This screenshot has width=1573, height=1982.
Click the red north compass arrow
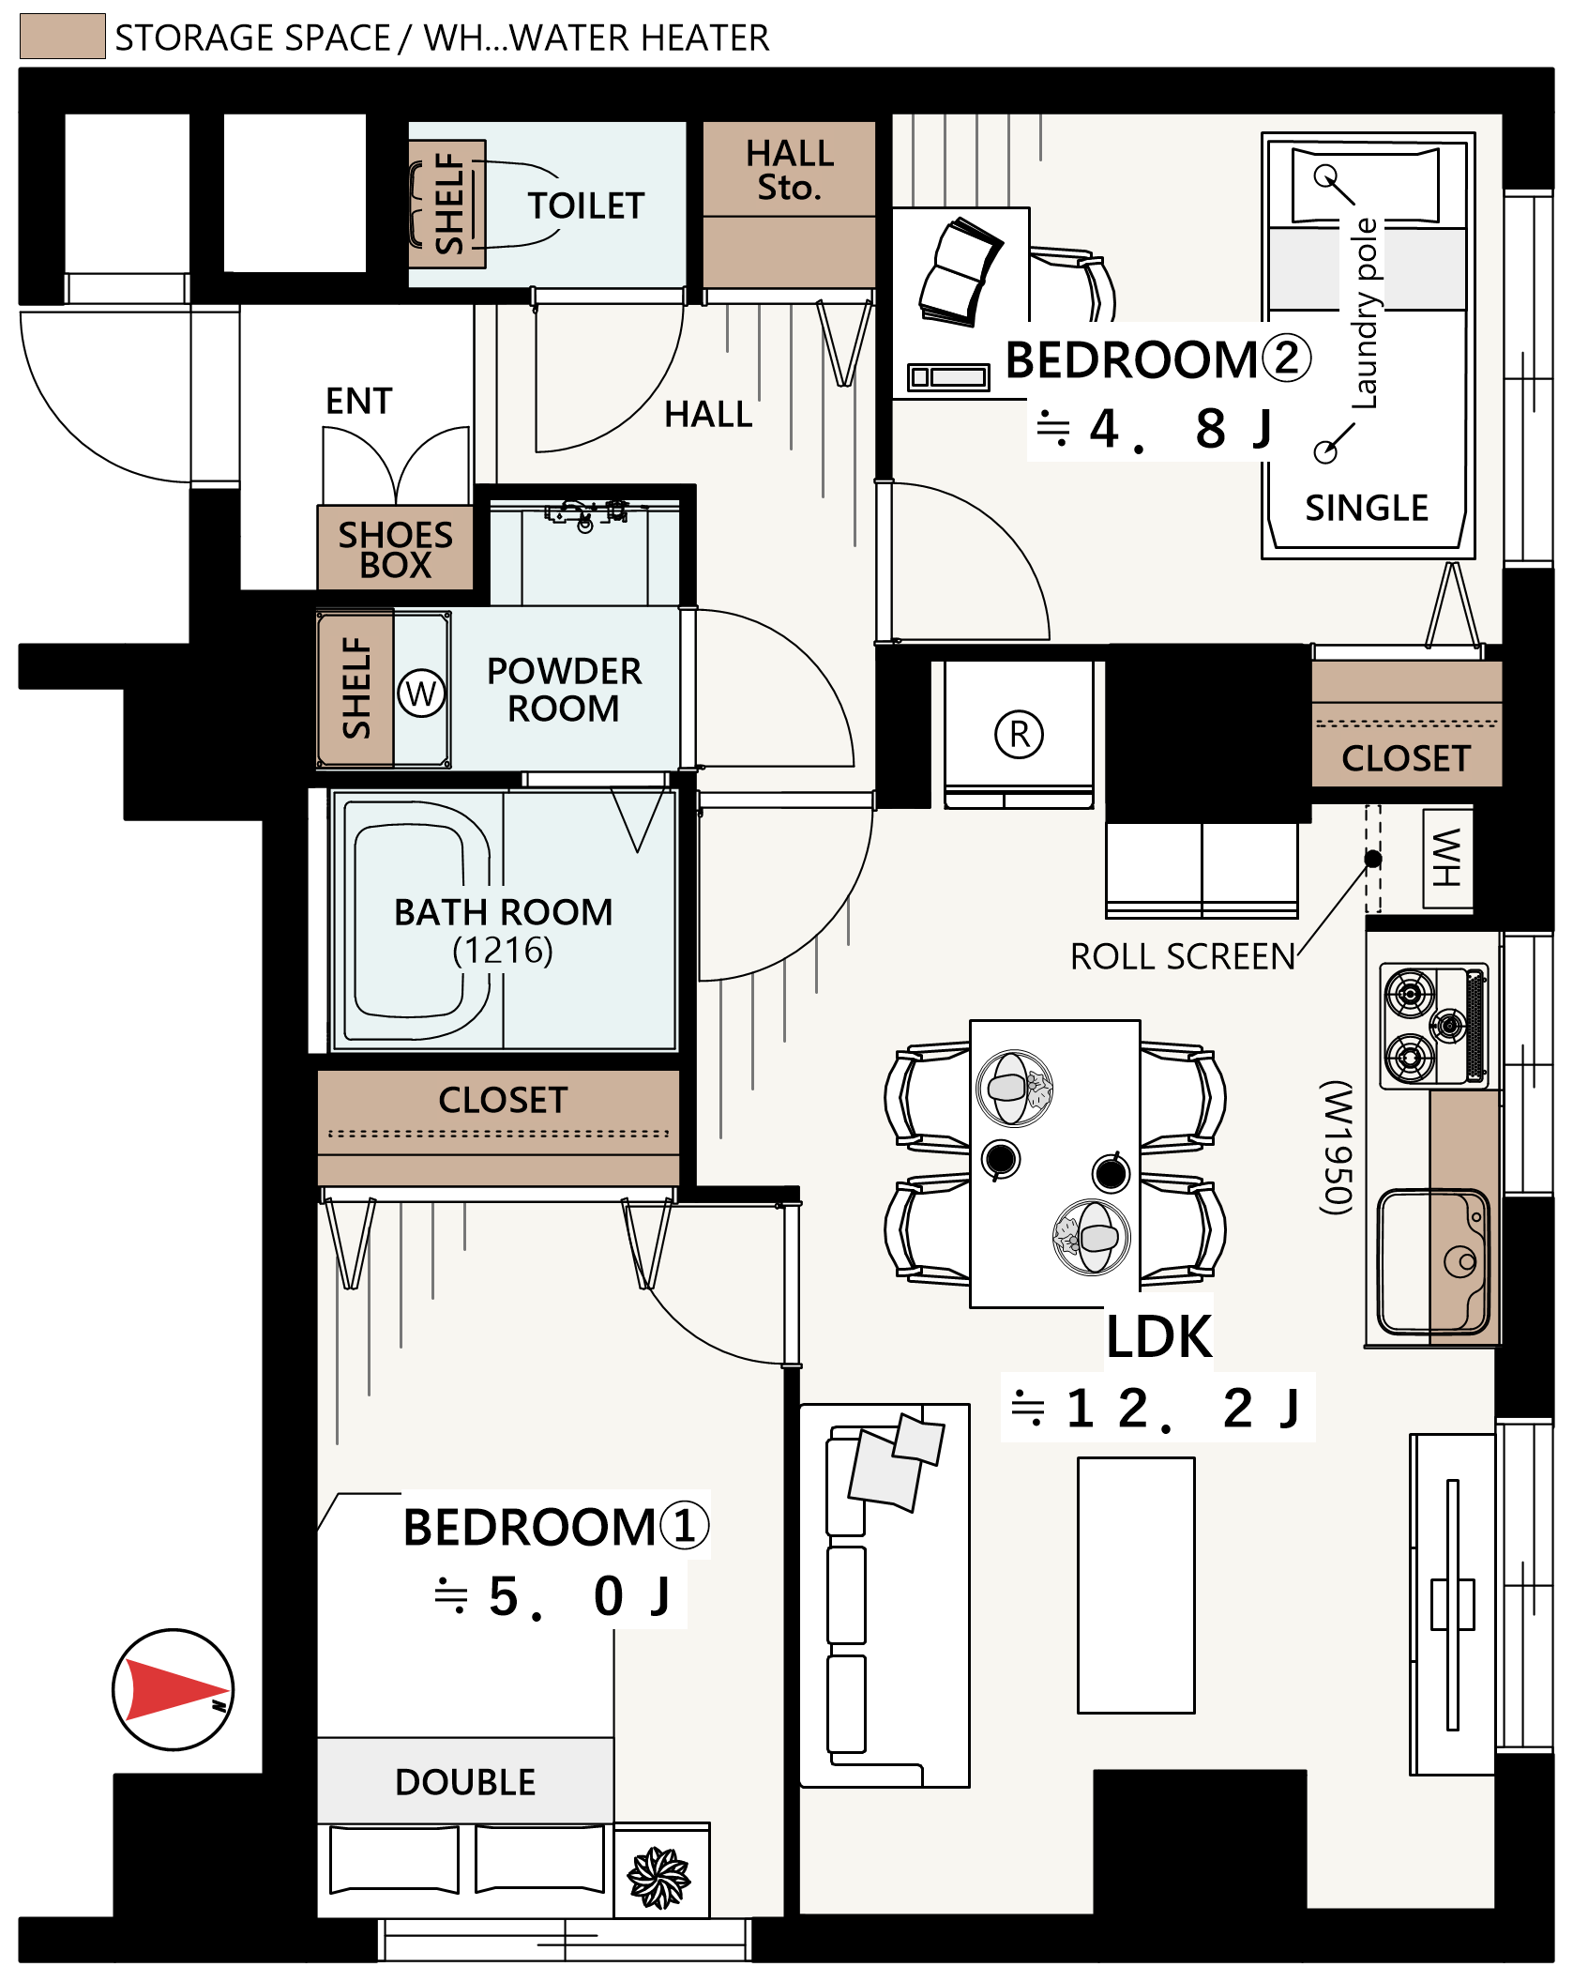click(x=174, y=1689)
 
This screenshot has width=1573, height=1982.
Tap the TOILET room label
click(x=586, y=206)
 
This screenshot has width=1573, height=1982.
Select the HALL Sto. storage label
click(x=790, y=170)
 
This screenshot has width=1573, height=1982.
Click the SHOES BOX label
click(x=396, y=550)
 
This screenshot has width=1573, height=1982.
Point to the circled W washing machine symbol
click(x=421, y=694)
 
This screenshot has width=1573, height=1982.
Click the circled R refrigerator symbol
click(x=1020, y=734)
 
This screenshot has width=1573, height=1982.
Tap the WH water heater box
click(x=1447, y=858)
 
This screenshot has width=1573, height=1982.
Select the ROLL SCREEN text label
click(x=1183, y=956)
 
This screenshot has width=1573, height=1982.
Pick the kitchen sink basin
click(x=1434, y=1260)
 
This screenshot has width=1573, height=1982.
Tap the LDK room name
click(x=1159, y=1336)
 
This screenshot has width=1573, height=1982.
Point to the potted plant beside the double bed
click(x=659, y=1877)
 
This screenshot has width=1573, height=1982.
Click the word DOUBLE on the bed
click(x=465, y=1781)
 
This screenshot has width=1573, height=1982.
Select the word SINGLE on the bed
click(x=1367, y=508)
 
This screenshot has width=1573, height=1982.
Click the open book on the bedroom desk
click(x=960, y=272)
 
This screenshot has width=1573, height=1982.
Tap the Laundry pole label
click(x=1365, y=313)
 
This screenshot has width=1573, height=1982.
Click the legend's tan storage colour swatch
click(x=63, y=37)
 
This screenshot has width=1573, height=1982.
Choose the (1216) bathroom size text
click(x=503, y=951)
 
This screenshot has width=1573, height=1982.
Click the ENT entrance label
click(x=359, y=401)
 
